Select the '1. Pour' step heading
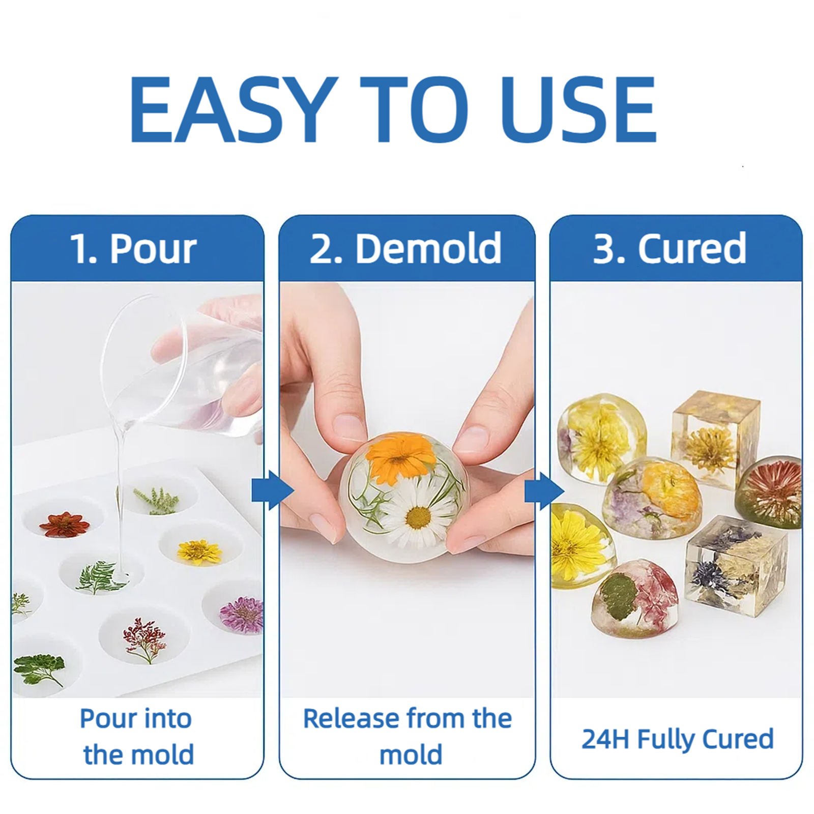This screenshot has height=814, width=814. pyautogui.click(x=133, y=249)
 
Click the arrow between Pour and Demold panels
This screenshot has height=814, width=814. pyautogui.click(x=273, y=490)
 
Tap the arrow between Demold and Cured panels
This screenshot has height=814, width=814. pyautogui.click(x=544, y=490)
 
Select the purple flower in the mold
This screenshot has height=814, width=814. pyautogui.click(x=242, y=614)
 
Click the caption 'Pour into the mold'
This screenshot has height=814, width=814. pyautogui.click(x=137, y=736)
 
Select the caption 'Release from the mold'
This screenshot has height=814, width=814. pyautogui.click(x=408, y=736)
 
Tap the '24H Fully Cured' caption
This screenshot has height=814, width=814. pyautogui.click(x=678, y=739)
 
